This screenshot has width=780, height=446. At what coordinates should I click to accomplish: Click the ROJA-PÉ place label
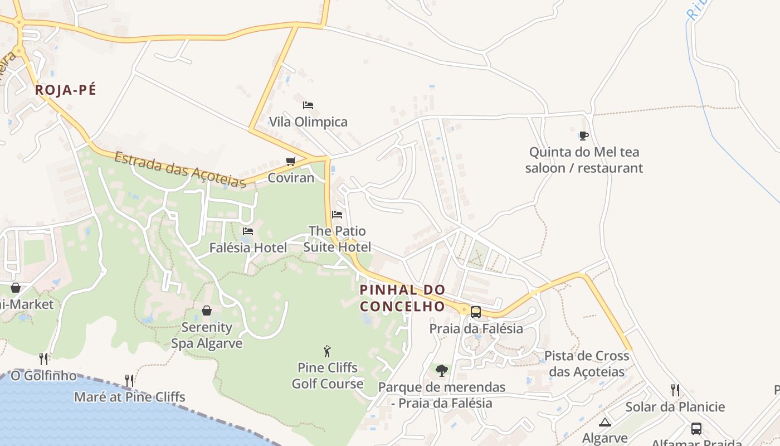click(x=65, y=90)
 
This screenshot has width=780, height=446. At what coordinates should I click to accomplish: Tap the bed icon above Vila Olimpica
click(x=308, y=105)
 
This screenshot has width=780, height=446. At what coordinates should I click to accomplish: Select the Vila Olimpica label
click(x=308, y=122)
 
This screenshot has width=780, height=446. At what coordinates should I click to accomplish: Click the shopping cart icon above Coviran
click(x=290, y=162)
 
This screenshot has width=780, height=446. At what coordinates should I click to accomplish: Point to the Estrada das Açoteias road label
click(x=180, y=169)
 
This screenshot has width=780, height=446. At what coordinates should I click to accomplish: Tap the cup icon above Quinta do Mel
click(x=583, y=135)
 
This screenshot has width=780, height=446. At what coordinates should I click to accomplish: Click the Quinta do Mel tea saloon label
click(x=584, y=160)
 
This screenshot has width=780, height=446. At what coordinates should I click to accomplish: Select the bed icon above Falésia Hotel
click(x=248, y=231)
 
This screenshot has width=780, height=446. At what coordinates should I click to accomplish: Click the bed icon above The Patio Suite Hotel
click(x=337, y=214)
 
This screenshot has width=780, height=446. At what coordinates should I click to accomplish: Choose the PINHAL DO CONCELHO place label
click(x=402, y=298)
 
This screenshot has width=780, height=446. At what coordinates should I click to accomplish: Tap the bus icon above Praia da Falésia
click(x=476, y=312)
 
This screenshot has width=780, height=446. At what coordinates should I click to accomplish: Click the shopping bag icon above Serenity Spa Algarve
click(x=207, y=311)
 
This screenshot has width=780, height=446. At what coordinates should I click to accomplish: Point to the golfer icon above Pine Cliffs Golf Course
click(x=327, y=351)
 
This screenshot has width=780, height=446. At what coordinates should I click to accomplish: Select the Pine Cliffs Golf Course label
click(x=328, y=376)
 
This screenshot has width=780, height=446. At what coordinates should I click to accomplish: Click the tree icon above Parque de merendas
click(x=442, y=371)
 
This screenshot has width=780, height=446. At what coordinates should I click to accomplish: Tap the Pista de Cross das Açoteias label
click(x=587, y=363)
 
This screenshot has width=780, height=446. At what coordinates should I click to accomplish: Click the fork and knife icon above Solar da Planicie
click(x=675, y=390)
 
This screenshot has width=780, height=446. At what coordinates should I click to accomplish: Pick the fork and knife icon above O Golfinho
click(x=43, y=358)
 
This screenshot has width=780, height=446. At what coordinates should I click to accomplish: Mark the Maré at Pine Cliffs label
click(x=129, y=397)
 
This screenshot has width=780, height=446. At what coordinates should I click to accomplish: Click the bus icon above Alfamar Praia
click(x=696, y=429)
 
